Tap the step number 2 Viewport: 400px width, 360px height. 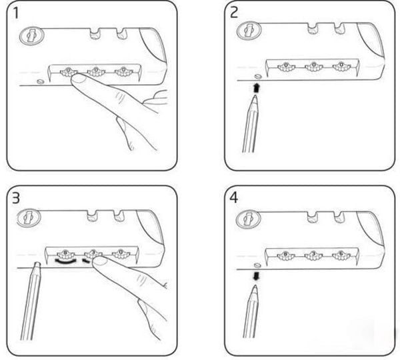tap(234, 13)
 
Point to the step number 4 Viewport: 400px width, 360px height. tap(234, 198)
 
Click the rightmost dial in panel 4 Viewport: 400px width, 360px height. tap(339, 254)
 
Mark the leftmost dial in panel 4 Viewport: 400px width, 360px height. tap(283, 254)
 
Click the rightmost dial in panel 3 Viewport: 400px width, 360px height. tap(121, 253)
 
